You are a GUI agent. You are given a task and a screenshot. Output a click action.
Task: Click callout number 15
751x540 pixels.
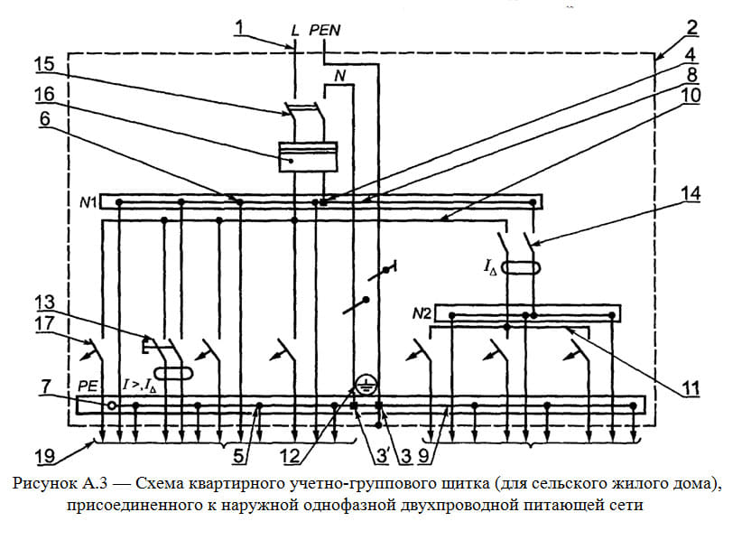point(44,65)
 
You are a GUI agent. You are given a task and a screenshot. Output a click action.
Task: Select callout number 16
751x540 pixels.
point(44,95)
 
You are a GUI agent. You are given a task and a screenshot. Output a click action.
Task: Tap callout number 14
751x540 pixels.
point(691,194)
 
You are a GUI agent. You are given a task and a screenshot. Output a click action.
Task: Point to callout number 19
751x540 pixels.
point(45,456)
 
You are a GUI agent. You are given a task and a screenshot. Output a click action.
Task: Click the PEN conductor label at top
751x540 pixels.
point(325,31)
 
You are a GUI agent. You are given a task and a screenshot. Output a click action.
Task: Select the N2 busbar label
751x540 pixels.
point(421,314)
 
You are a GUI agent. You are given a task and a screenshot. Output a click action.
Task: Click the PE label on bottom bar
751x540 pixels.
point(88,386)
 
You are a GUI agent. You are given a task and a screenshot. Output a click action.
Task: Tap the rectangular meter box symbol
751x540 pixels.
point(308,156)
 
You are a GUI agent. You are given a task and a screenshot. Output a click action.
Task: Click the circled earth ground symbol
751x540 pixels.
point(366,385)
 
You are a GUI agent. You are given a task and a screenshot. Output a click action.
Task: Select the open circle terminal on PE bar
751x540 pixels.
point(112,405)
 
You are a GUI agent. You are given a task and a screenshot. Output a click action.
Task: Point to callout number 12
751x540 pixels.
point(291,456)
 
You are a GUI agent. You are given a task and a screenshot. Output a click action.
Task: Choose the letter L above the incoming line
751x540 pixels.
point(295,31)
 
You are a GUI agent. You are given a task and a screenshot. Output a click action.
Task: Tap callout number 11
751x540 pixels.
point(691,388)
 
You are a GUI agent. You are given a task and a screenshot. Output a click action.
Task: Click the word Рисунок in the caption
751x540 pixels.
point(44,484)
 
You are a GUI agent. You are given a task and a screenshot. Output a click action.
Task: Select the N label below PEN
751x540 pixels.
point(339,76)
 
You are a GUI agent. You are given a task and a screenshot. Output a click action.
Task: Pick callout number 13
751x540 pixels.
point(44,303)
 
